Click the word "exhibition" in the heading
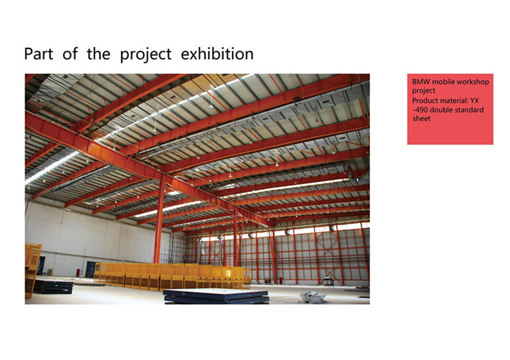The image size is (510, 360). coord(217,54)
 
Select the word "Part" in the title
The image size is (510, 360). coord(38,54)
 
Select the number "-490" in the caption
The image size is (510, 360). coord(420,110)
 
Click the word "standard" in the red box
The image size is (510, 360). coord(469,110)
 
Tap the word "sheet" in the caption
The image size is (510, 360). coord(422,118)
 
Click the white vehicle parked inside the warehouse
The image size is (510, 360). coord(329,281)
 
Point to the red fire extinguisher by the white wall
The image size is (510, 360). coord(78,272)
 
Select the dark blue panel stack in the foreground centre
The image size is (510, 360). coord(216,297)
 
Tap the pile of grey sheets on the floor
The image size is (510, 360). coord(312,297)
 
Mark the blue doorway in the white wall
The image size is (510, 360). coord(90,269)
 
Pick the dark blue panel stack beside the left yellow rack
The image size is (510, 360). coord(53,287)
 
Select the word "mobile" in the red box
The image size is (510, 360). coord(443,82)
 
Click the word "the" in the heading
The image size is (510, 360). coord(99,54)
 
